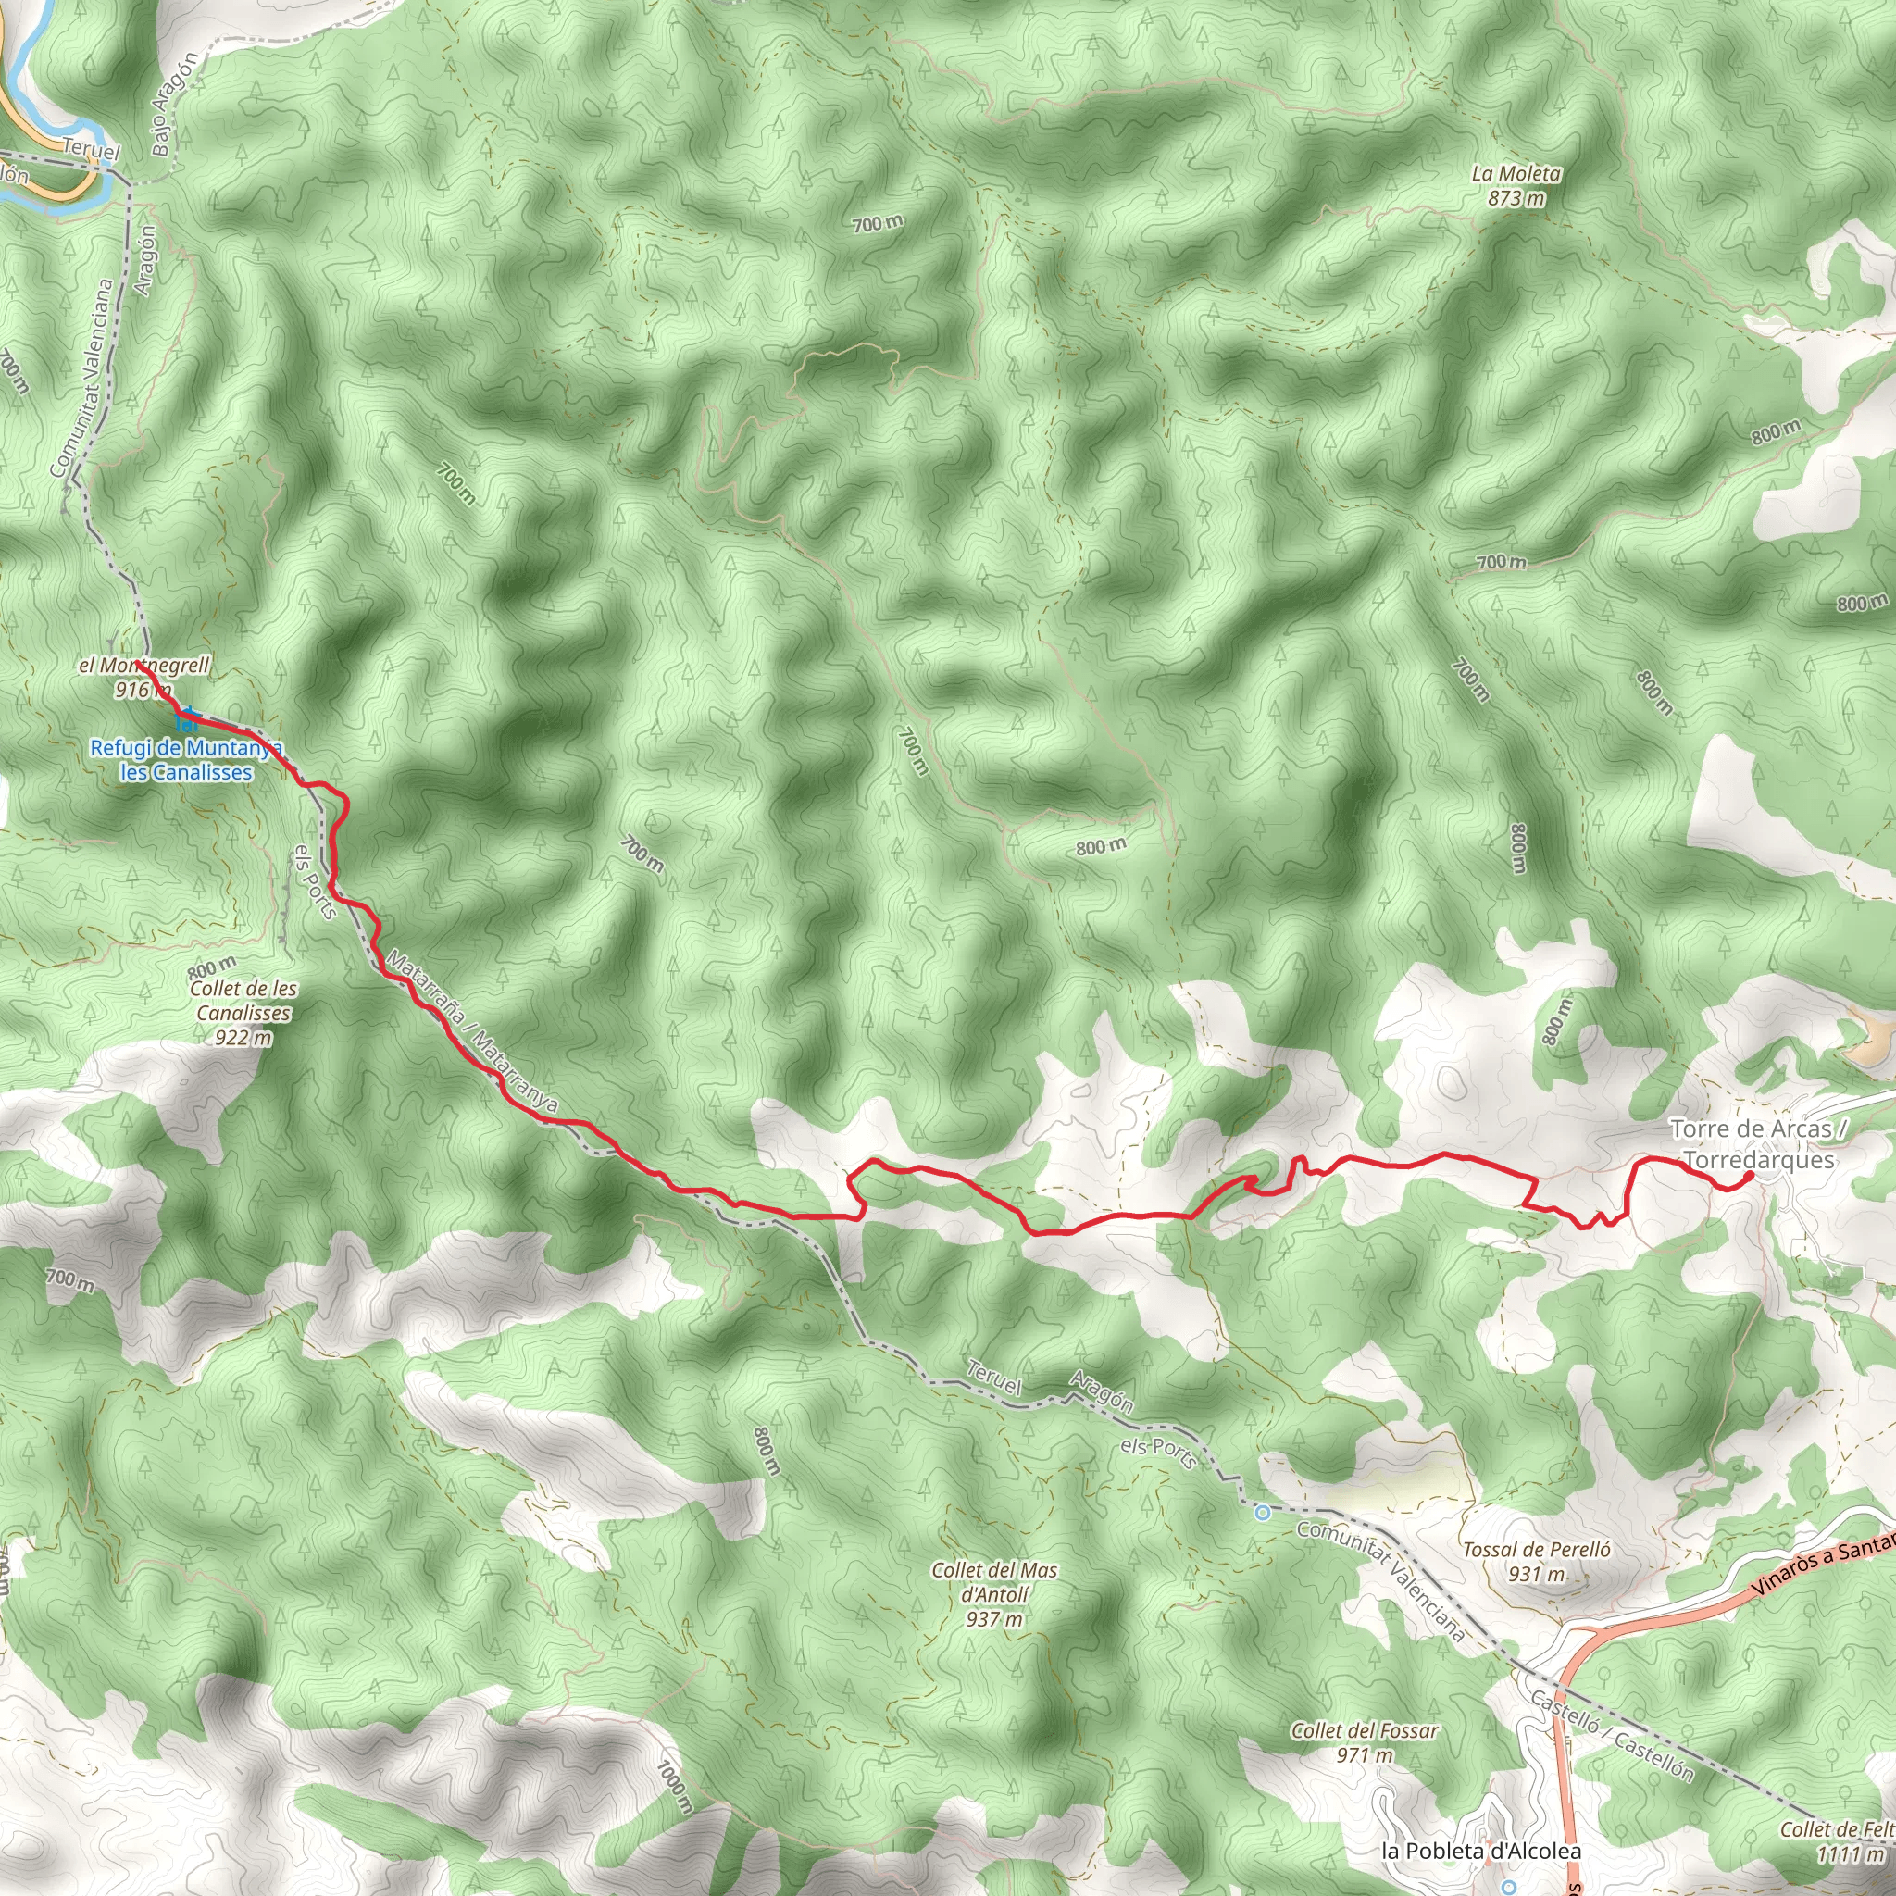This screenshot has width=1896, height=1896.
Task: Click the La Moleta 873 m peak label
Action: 1516,185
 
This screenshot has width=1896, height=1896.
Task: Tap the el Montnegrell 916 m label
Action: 143,677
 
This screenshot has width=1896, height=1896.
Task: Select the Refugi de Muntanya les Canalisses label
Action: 185,761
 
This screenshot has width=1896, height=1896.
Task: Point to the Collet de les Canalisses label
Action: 243,1013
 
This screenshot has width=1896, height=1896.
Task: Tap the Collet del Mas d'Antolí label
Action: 994,1595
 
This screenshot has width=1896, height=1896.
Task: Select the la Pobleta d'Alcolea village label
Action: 1481,1851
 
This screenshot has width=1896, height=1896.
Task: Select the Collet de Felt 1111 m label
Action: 1837,1841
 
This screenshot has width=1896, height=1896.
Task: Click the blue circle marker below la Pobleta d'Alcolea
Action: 1508,1886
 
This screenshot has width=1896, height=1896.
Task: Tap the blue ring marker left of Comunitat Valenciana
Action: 1263,1513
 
